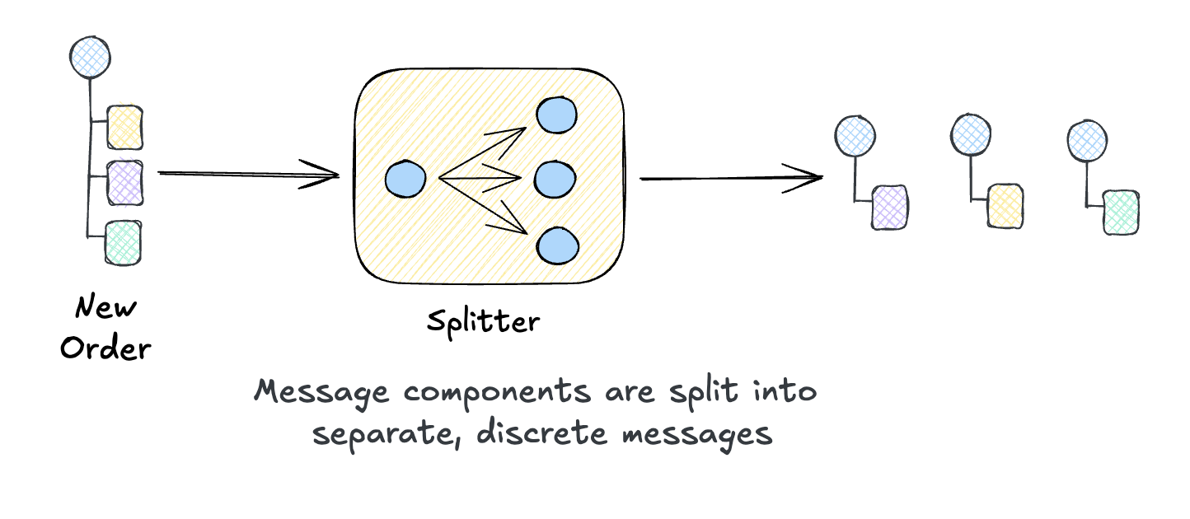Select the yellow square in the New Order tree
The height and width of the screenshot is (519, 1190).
(125, 126)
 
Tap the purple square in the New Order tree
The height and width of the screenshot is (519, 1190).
(125, 183)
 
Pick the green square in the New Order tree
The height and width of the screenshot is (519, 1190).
(123, 243)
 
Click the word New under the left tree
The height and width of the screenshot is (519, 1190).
(105, 308)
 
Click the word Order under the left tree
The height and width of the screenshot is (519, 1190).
(105, 348)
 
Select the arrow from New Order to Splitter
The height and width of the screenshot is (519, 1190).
(247, 174)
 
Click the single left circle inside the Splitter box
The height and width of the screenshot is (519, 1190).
(405, 180)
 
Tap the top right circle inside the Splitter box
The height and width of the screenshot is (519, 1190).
(557, 115)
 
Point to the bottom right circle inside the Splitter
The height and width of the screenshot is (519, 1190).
(558, 245)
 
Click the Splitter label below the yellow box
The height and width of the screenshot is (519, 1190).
(483, 320)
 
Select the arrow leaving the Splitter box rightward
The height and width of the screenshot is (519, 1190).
(730, 177)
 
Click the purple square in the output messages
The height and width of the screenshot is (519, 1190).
(890, 206)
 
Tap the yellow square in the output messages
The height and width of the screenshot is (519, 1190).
(1006, 206)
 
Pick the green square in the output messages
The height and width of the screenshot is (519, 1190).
(1122, 212)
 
